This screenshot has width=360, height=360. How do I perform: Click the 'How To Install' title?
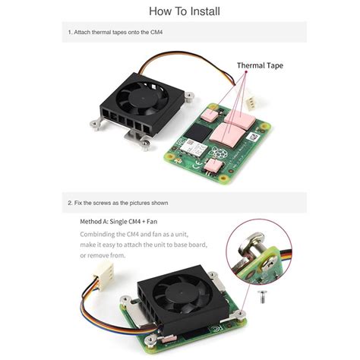(x=180, y=11)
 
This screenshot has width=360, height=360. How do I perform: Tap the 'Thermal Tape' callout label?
(x=260, y=65)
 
